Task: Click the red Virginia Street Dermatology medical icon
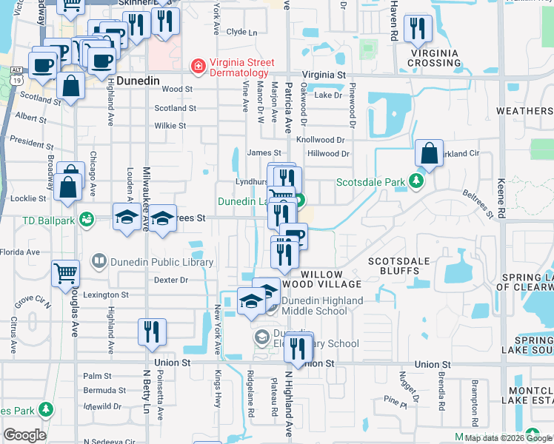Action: (198, 67)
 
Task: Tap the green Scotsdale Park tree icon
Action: (418, 181)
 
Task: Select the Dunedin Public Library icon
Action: (99, 261)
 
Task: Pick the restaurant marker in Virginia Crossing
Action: (419, 30)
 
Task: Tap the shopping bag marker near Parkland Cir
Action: (429, 154)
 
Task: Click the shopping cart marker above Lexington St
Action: (65, 273)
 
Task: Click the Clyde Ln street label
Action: (241, 32)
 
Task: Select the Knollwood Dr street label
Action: (321, 139)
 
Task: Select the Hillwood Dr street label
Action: (328, 154)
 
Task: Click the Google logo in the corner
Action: (24, 435)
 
